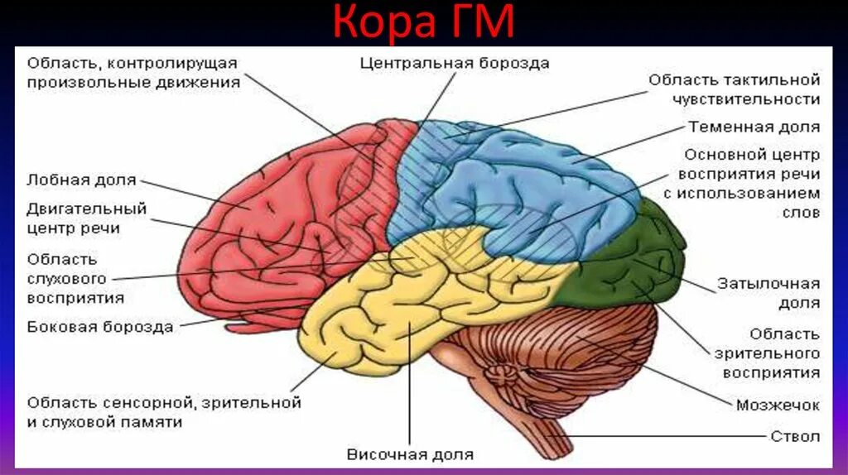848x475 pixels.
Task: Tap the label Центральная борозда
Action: [x=455, y=63]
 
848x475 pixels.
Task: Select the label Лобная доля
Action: [x=81, y=180]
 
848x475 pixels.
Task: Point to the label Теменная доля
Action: [x=754, y=127]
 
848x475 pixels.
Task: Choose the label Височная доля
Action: [x=410, y=454]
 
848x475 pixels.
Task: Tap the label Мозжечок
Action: [x=778, y=405]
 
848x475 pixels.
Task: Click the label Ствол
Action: [x=795, y=436]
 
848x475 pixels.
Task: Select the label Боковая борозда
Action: [x=100, y=326]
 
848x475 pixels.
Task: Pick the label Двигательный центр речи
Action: [x=86, y=218]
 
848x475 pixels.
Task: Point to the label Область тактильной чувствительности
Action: [x=734, y=89]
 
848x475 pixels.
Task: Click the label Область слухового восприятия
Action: [x=75, y=278]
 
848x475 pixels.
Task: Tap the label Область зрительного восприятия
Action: [x=771, y=353]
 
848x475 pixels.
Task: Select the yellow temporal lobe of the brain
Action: [x=389, y=306]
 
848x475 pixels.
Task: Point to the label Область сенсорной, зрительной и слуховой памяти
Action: [x=163, y=412]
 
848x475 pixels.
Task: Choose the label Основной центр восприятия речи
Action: [x=749, y=183]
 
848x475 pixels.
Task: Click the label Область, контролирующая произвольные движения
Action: [x=132, y=73]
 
